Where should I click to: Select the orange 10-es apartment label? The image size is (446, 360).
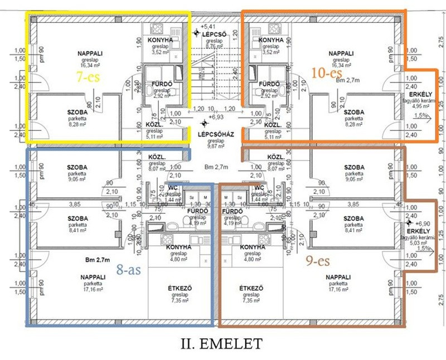pos(326,73)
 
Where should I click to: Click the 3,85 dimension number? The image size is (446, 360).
pos(75,205)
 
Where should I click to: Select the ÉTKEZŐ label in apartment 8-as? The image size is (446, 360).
pos(180,288)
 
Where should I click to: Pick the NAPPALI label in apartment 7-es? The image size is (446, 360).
pos(90,53)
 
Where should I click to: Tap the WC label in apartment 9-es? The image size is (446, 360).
pos(259,187)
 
